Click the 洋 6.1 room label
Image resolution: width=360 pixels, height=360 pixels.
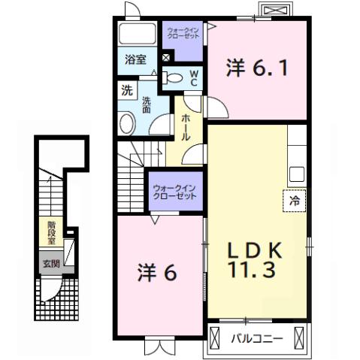point(257,70)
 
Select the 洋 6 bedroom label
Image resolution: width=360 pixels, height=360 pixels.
point(157,273)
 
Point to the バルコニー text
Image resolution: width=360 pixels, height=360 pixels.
point(256,339)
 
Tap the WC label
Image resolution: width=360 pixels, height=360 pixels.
point(193,77)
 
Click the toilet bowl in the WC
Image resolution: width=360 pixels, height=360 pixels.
point(172,76)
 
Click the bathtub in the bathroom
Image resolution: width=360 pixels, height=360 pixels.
point(136,34)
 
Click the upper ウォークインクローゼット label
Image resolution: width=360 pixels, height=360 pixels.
point(183,34)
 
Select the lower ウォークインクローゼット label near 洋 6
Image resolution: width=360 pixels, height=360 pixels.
point(174,192)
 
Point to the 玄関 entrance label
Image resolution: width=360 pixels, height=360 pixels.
point(51,263)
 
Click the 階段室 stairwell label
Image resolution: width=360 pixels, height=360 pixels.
point(51,230)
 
